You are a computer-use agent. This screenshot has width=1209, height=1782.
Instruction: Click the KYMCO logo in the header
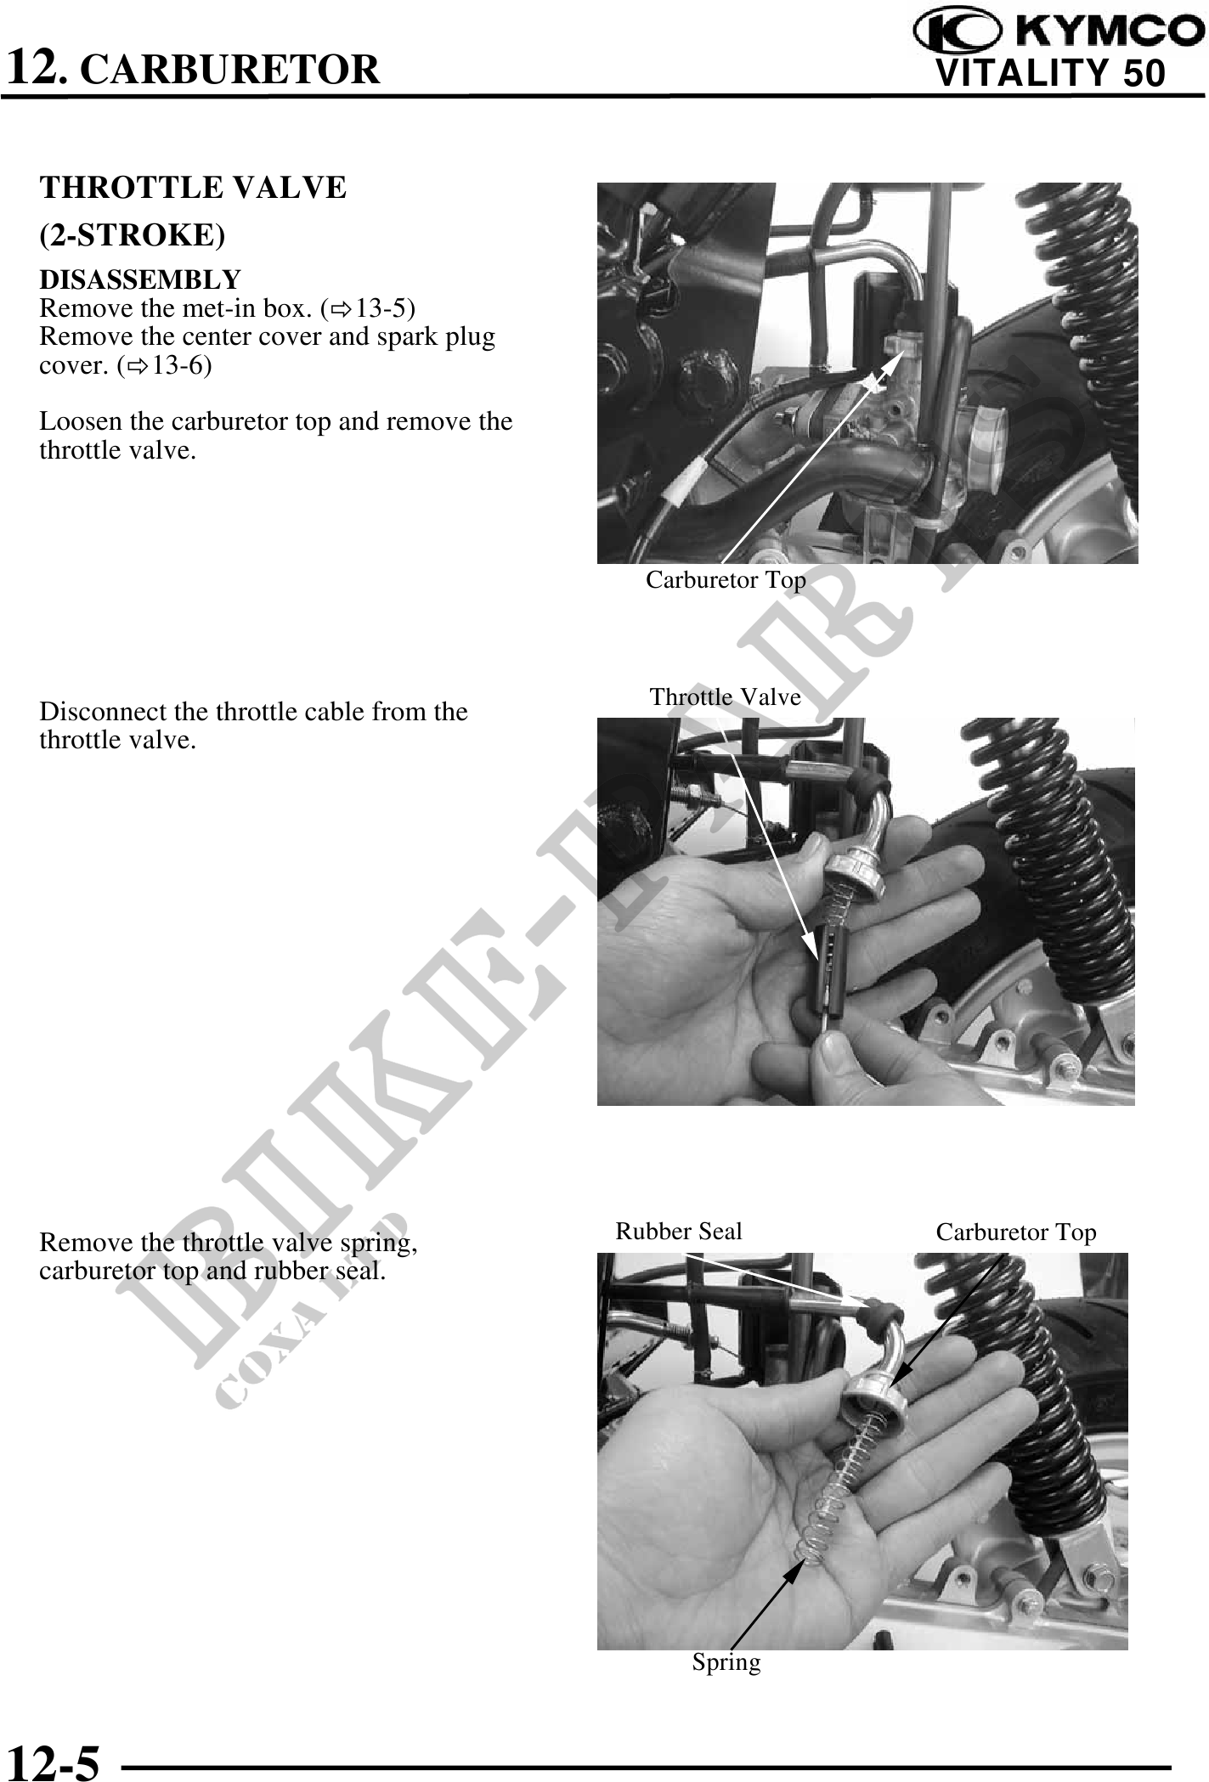1058,31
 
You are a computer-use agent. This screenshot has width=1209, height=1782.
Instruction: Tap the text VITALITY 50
1050,73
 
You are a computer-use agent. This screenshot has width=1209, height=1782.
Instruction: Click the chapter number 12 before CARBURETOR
33,67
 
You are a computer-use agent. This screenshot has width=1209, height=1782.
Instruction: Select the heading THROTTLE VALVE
193,187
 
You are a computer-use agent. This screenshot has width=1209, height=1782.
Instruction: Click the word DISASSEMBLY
140,279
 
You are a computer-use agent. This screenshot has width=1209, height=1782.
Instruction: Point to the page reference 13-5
385,307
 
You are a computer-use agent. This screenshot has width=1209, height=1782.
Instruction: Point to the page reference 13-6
181,365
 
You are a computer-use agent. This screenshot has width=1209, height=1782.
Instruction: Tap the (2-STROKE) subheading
133,235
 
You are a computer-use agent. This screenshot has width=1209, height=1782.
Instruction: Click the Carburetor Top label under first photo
726,579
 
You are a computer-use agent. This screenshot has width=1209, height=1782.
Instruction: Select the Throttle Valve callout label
725,696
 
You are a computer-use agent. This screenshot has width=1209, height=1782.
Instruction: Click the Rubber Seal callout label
679,1231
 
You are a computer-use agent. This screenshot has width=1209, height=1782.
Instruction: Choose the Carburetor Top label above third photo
1016,1232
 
